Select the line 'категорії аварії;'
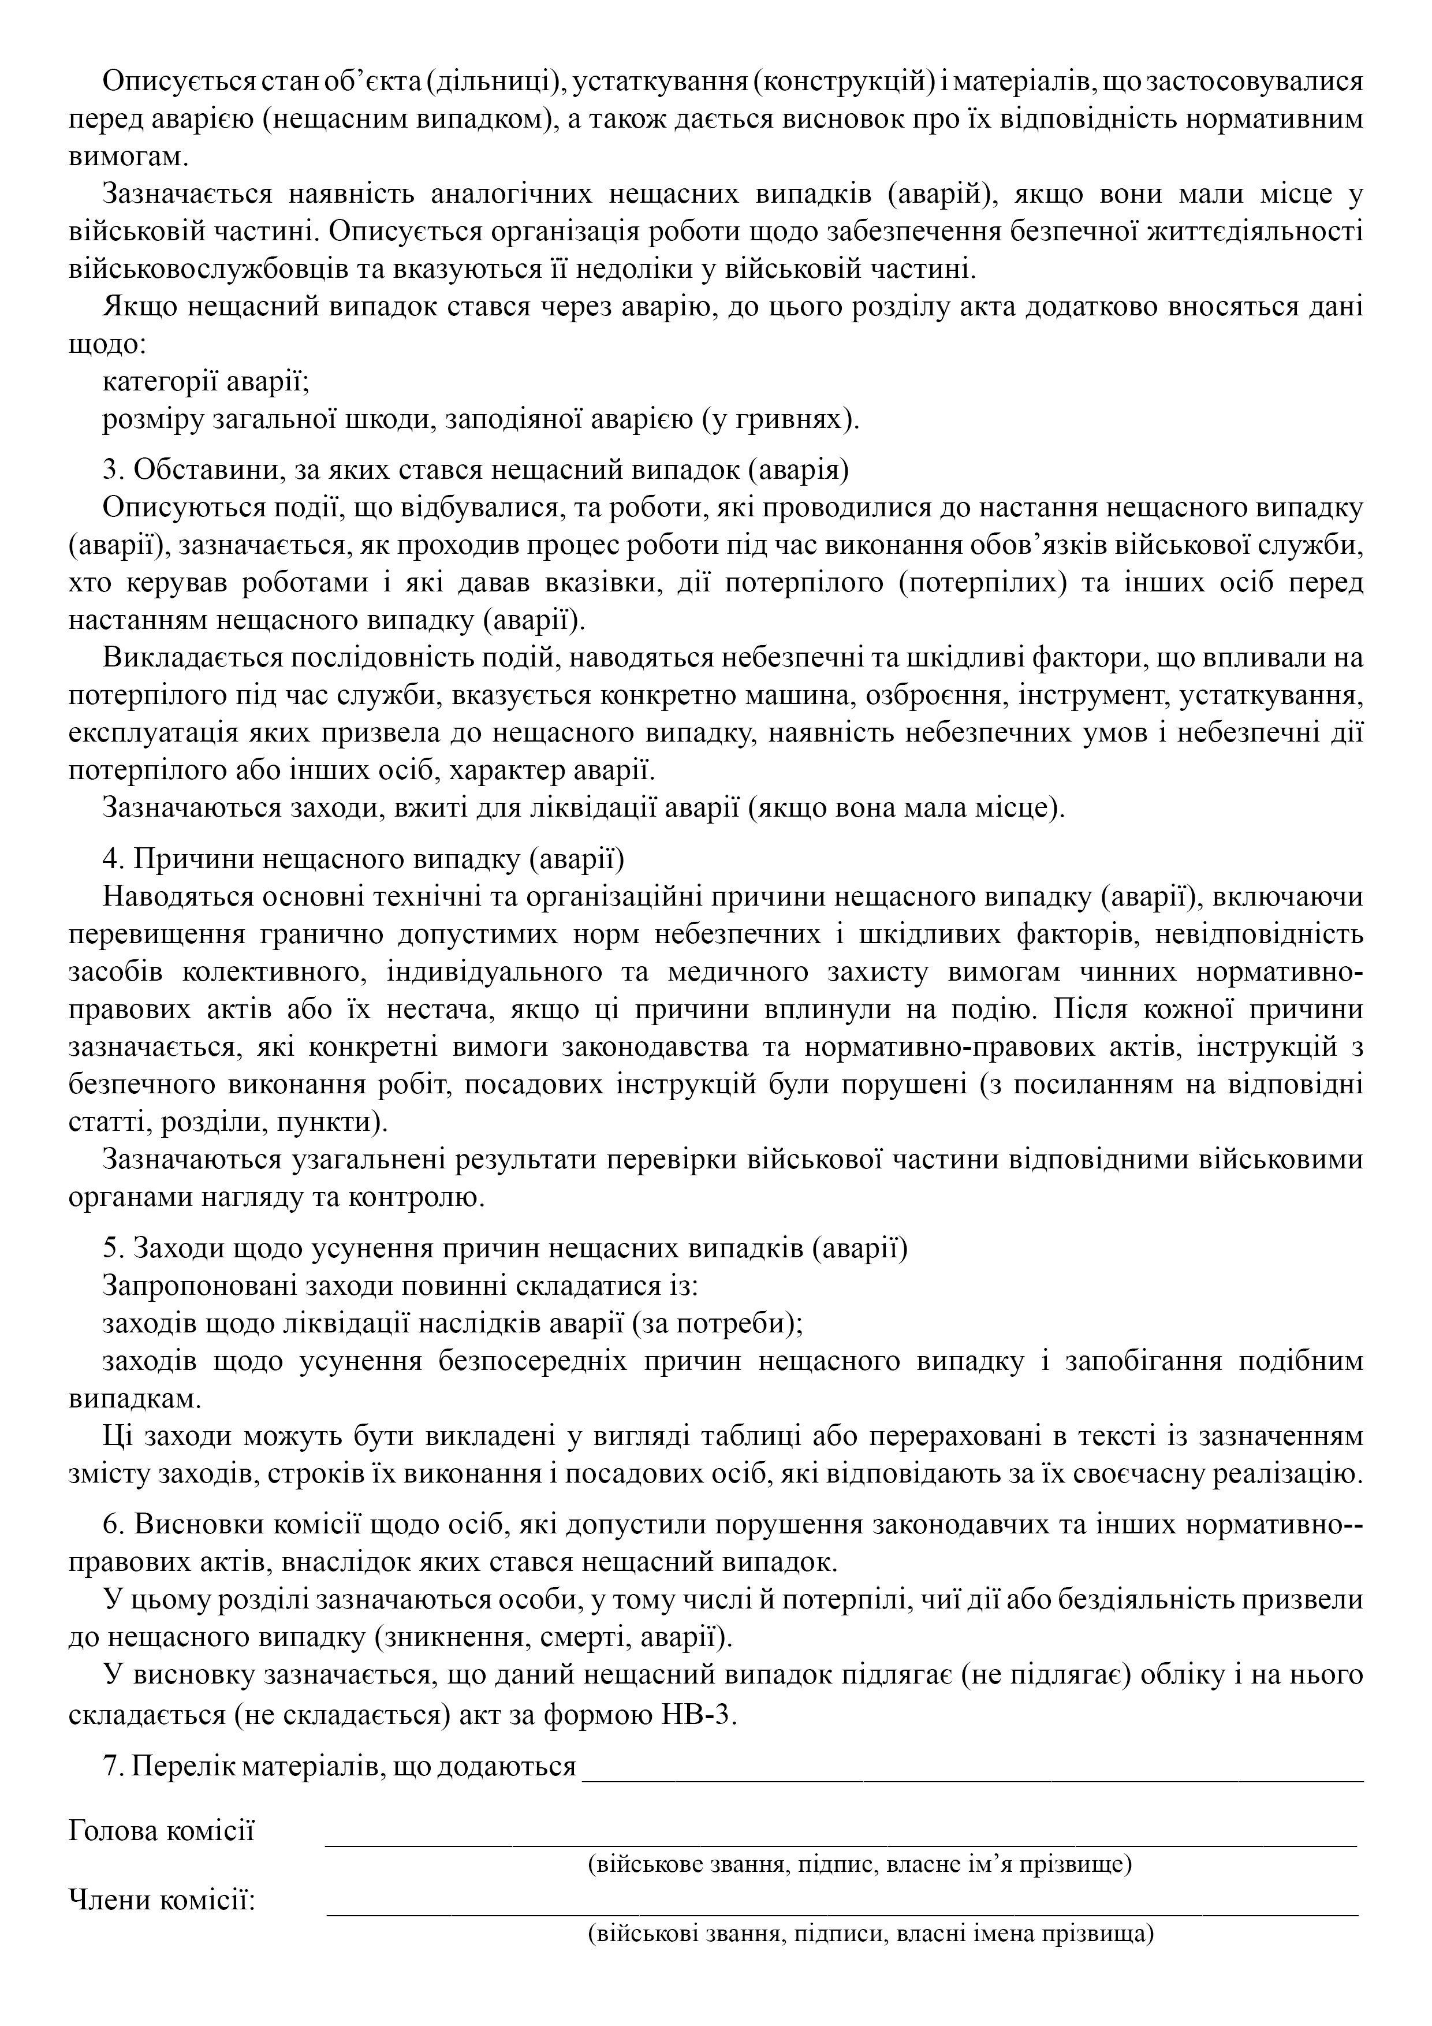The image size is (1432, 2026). tap(205, 382)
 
